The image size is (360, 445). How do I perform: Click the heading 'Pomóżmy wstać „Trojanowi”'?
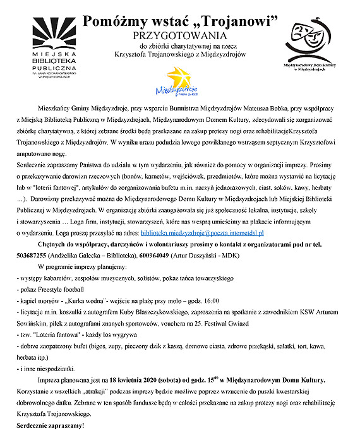(x=181, y=22)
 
